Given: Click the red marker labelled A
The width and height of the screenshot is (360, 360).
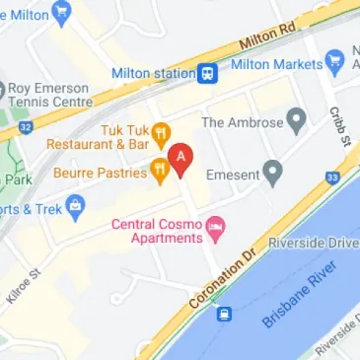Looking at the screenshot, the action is coord(180,158).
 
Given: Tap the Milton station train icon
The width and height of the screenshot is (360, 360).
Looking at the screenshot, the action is coord(208,72).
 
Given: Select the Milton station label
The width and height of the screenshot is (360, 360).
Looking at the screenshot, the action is coord(154,72).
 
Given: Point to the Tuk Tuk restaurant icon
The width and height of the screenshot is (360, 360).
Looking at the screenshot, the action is coord(164,132).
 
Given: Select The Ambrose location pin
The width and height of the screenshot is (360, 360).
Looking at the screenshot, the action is coord(296,122).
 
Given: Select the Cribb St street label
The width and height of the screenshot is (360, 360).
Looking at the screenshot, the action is coord(338,126).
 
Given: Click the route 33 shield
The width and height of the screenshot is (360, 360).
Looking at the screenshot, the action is coord(333,178).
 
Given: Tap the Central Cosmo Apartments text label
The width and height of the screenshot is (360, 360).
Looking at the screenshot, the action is coord(157,232).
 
